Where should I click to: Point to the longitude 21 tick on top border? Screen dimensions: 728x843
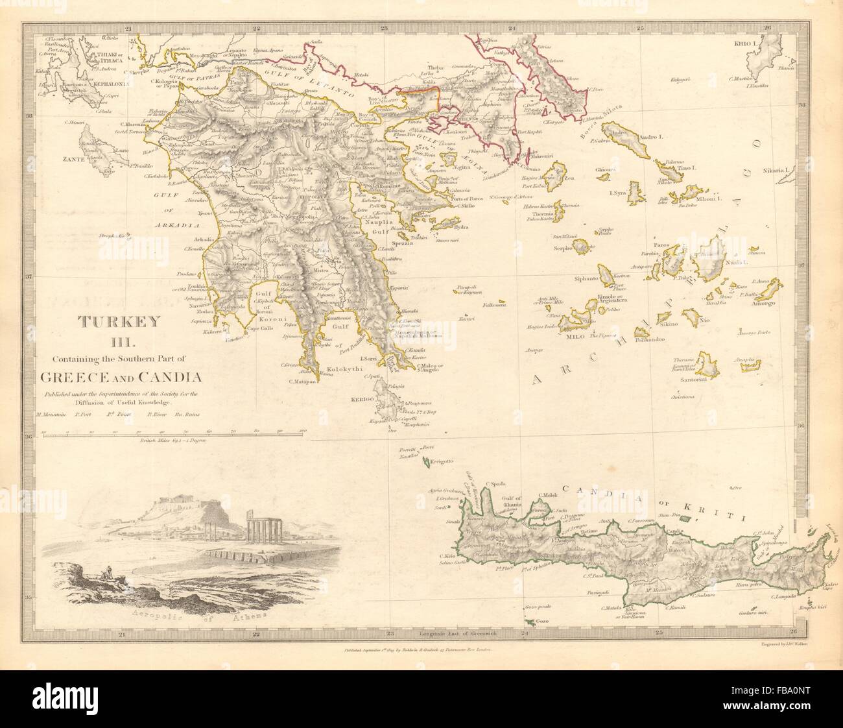(128, 28)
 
